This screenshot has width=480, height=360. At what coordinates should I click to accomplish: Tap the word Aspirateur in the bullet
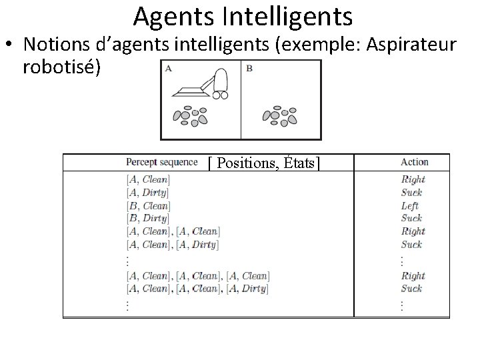[399, 45]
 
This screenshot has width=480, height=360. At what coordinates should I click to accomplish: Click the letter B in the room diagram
[248, 67]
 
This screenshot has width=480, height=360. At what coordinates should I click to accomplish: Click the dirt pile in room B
[280, 115]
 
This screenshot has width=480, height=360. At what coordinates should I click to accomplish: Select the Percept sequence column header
[161, 162]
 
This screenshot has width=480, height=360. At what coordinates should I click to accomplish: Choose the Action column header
[414, 162]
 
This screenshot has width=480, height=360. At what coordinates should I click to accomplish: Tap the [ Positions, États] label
[264, 163]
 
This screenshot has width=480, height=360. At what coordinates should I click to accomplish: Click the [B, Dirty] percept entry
[147, 218]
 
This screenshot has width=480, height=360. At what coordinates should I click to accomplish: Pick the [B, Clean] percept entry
[147, 205]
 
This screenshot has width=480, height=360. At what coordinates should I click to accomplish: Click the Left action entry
[411, 205]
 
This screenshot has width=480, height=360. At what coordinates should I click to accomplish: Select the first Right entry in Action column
[413, 179]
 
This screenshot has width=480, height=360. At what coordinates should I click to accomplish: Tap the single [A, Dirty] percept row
[147, 192]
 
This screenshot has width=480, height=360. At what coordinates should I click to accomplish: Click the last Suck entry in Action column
[411, 289]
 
